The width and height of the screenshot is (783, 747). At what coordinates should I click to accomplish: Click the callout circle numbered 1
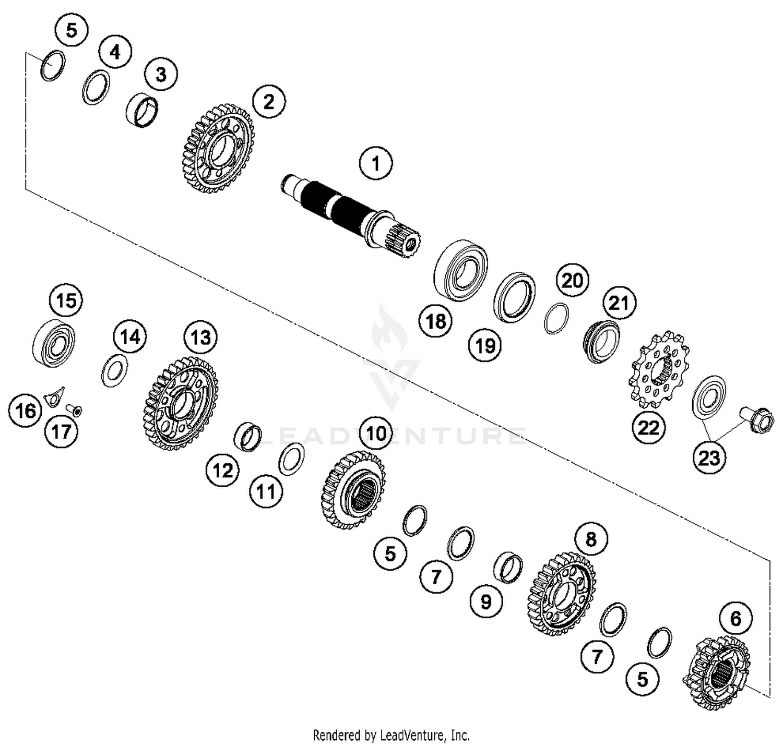376,163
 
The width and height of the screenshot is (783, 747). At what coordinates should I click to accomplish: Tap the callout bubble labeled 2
269,101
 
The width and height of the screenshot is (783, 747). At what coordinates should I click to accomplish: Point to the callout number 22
649,428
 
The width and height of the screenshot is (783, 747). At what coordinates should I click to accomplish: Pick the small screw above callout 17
76,412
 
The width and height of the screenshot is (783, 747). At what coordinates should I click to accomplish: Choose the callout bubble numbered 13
201,338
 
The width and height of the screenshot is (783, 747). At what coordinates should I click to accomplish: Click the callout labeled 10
376,433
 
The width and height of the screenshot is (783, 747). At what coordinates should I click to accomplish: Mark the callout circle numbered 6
735,618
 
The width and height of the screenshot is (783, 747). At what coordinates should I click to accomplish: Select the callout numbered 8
591,539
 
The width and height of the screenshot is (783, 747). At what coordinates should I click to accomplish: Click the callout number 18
436,321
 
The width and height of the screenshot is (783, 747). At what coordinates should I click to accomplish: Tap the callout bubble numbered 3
161,74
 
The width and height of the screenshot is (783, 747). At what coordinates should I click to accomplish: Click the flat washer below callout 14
114,370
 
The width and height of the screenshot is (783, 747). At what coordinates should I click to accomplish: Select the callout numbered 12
223,471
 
